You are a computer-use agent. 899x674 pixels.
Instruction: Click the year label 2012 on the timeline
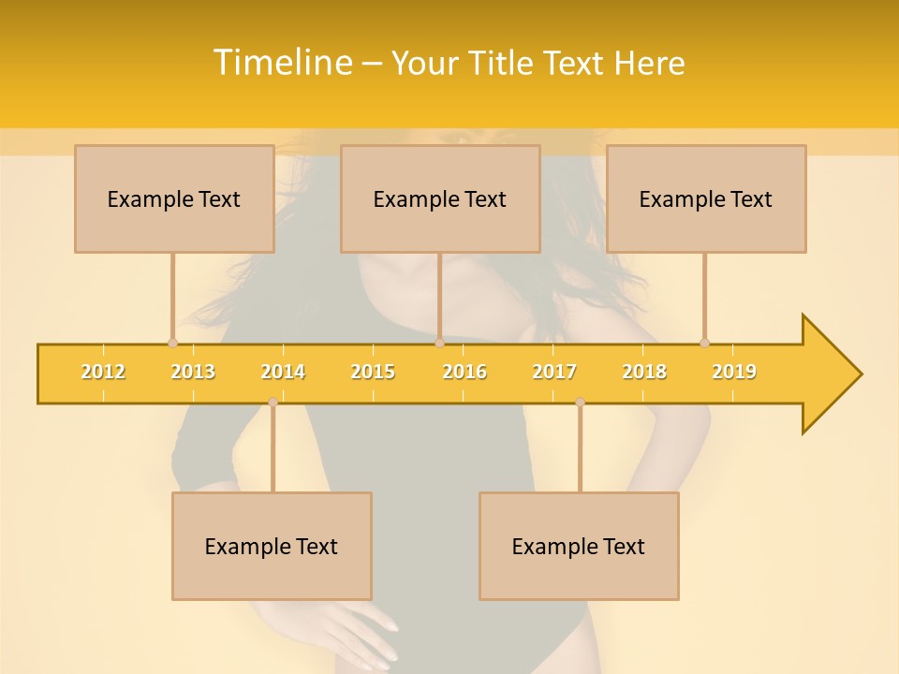[x=103, y=372]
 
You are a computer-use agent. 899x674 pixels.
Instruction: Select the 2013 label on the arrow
[x=193, y=372]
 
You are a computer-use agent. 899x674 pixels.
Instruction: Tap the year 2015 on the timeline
[x=373, y=372]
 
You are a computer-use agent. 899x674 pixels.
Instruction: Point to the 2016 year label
[x=464, y=372]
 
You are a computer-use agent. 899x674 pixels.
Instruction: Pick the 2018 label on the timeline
[x=644, y=372]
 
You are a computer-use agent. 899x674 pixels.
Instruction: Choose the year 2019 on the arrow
[x=734, y=372]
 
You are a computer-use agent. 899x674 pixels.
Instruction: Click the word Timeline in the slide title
[x=282, y=63]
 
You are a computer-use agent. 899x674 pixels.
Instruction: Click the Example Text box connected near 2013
[x=174, y=198]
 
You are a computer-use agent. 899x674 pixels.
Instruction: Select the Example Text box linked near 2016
[x=440, y=198]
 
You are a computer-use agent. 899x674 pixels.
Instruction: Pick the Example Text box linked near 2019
[x=706, y=198]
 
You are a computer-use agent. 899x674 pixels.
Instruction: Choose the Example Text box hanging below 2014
[x=272, y=546]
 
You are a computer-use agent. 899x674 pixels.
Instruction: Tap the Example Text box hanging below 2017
[x=579, y=546]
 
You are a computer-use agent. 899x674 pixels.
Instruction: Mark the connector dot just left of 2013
[x=172, y=344]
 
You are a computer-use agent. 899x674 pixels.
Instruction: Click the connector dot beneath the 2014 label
[x=273, y=402]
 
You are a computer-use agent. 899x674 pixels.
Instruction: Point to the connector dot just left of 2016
[x=439, y=344]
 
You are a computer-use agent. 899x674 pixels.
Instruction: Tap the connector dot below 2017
[x=580, y=402]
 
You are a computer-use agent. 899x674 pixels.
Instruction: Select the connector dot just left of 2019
[x=705, y=344]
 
